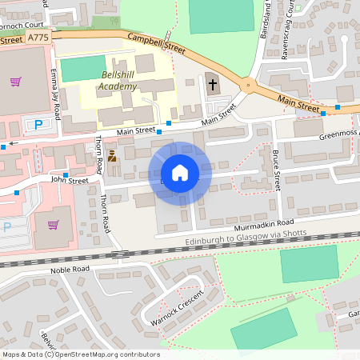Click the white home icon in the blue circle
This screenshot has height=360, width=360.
tap(180, 172)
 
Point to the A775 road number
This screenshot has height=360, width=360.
tap(37, 38)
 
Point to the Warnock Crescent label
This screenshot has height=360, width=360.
tap(176, 307)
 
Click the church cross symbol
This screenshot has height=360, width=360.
tap(212, 82)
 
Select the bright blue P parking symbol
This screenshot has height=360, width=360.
tap(38, 124)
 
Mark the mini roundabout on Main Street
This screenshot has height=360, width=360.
tap(249, 85)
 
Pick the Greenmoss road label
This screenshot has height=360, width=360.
tap(339, 135)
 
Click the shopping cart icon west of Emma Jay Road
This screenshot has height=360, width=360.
tap(15, 81)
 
